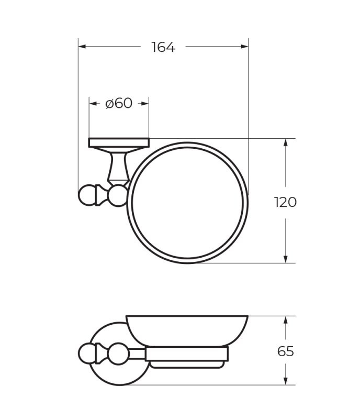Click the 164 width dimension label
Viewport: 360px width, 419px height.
pyautogui.click(x=163, y=47)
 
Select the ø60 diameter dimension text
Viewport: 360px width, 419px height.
pyautogui.click(x=119, y=103)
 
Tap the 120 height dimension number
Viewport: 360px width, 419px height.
pyautogui.click(x=285, y=202)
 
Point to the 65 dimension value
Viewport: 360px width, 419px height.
pyautogui.click(x=285, y=351)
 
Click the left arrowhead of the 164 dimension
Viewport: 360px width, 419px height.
pyautogui.click(x=82, y=47)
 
